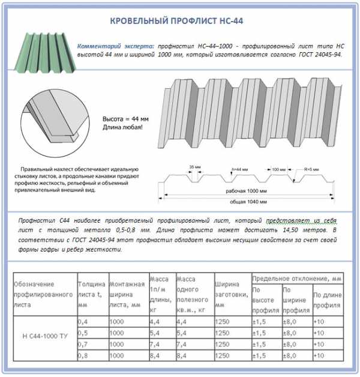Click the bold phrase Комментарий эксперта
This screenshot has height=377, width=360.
116,46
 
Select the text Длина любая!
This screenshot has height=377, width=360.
123,127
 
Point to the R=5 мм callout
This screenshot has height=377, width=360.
311,169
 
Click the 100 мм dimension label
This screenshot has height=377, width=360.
278,169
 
